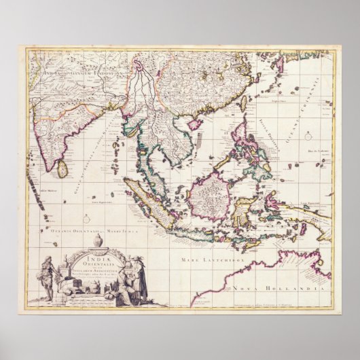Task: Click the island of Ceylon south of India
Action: [x=62, y=168]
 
